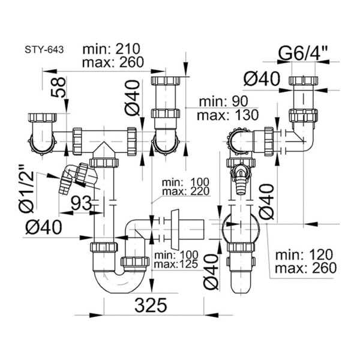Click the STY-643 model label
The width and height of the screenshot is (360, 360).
[44, 50]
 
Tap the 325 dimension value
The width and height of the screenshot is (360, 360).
[151, 305]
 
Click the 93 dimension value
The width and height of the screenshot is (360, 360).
[81, 203]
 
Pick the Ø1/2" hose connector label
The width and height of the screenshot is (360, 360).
[26, 188]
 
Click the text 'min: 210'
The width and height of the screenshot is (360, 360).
[111, 49]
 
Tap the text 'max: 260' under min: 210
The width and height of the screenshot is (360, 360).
[113, 62]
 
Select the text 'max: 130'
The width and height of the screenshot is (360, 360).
[227, 115]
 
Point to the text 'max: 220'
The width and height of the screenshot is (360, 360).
[186, 191]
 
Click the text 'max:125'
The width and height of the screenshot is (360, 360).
[176, 264]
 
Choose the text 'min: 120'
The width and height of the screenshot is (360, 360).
[304, 254]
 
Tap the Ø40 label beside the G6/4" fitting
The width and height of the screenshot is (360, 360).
[262, 78]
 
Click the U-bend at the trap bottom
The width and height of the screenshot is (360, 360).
[119, 281]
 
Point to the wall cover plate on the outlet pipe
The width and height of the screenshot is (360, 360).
[176, 229]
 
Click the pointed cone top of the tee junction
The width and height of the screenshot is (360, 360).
[104, 149]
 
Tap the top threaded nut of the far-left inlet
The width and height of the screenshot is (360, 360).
[42, 118]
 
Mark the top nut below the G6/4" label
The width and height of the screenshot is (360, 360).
[304, 80]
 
